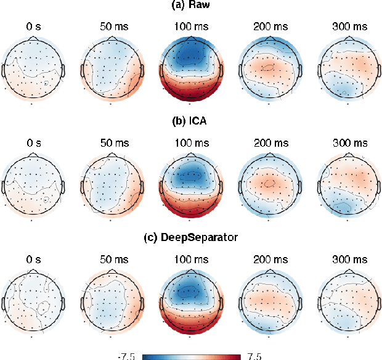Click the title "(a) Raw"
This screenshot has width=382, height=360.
[190, 6]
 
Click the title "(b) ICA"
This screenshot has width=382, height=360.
[190, 121]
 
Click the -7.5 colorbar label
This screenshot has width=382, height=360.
[127, 356]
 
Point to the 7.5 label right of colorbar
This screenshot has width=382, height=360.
[253, 356]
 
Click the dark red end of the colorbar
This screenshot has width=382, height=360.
[237, 356]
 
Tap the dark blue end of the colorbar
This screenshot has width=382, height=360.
[145, 356]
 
